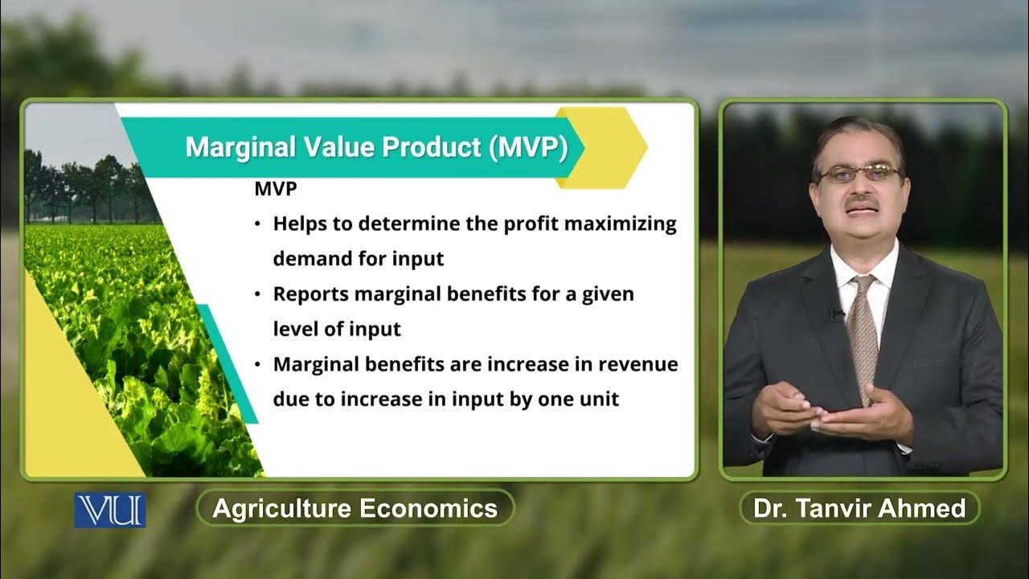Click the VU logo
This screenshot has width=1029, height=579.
coord(110,510)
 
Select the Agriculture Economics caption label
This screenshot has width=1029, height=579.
coord(355,508)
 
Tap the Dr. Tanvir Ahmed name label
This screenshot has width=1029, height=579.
coord(859,508)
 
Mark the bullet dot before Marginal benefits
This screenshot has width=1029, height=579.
coord(257,365)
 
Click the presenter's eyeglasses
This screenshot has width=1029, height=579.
coord(859,173)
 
